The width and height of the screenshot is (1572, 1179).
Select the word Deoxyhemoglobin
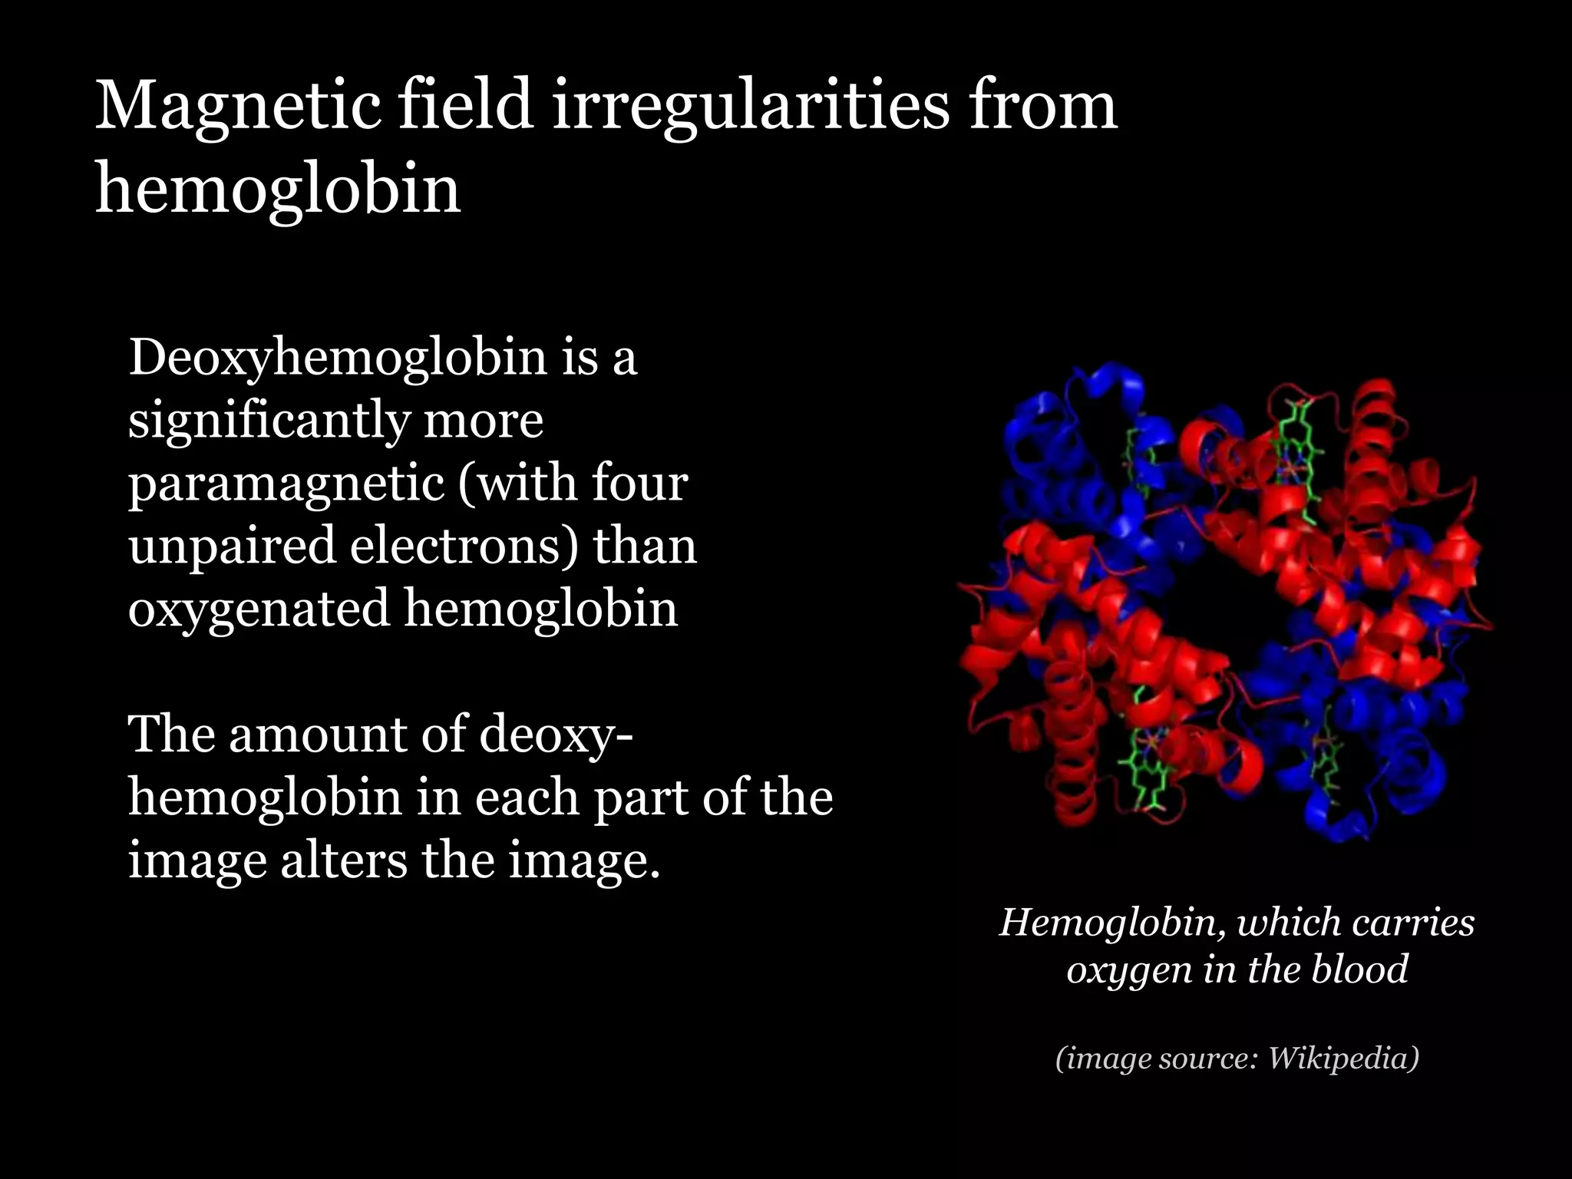(338, 358)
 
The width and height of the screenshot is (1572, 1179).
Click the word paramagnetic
(286, 484)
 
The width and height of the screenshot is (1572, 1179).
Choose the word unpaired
(233, 546)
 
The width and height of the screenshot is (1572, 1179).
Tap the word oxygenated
(259, 609)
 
